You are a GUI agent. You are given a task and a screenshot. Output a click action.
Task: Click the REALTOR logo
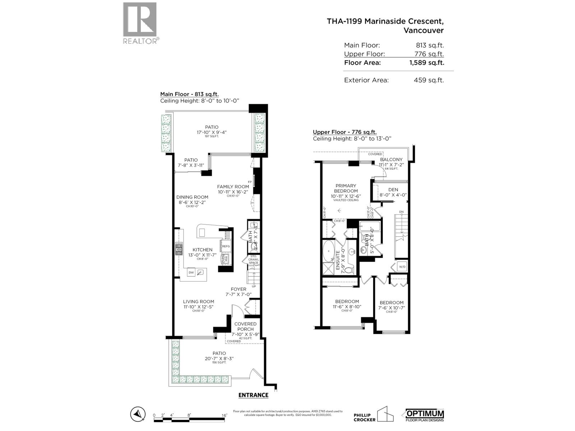140,23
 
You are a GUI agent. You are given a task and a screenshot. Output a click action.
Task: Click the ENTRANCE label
253,395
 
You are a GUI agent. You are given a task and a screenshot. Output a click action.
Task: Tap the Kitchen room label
202,250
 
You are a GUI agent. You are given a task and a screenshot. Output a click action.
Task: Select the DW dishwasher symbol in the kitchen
191,273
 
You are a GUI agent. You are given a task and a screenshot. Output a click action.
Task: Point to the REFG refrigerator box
226,246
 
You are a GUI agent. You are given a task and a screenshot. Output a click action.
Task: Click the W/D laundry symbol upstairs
402,267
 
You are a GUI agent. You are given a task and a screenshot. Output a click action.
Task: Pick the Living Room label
198,302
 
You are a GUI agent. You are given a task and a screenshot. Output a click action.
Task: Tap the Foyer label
239,289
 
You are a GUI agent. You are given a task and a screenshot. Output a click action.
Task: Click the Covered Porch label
245,326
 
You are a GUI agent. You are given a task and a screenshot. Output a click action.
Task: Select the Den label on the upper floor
393,190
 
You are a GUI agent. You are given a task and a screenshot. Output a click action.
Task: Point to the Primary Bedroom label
346,189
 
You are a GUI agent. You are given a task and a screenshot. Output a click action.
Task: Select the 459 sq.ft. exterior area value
429,80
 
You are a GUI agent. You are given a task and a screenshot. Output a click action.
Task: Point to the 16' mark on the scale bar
225,415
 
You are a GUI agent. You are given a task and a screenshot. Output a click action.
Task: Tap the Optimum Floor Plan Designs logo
425,414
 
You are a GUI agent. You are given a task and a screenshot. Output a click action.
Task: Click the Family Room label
233,187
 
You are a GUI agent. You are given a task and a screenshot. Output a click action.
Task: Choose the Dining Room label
192,197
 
